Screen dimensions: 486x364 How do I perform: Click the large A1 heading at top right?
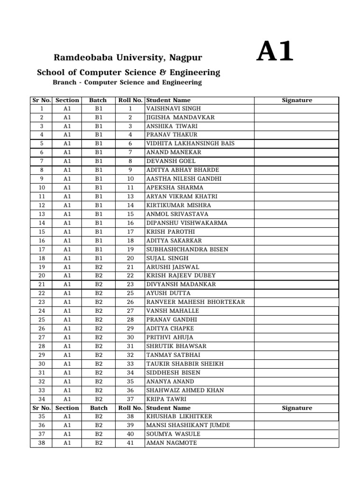coord(275,53)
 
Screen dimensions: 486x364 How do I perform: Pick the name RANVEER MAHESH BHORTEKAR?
coord(195,302)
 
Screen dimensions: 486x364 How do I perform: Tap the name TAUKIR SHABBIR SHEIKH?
coord(185,364)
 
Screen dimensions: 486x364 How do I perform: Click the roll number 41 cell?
coord(130,443)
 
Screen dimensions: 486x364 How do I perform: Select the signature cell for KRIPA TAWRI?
coord(297,399)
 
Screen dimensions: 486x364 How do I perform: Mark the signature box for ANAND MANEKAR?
coord(297,152)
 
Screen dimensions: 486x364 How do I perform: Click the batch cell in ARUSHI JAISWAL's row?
coord(99,267)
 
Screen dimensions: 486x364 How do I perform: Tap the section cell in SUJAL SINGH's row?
coord(67,258)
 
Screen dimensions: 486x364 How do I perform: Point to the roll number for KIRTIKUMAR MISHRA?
coord(130,206)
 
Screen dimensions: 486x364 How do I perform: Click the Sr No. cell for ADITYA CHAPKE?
coord(42,328)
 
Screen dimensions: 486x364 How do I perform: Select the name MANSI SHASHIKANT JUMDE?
coord(188,425)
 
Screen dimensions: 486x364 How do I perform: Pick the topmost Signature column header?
coord(297,100)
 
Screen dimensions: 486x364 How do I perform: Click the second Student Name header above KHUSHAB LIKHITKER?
coord(168,408)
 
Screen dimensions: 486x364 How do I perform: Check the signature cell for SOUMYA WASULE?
coord(297,434)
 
